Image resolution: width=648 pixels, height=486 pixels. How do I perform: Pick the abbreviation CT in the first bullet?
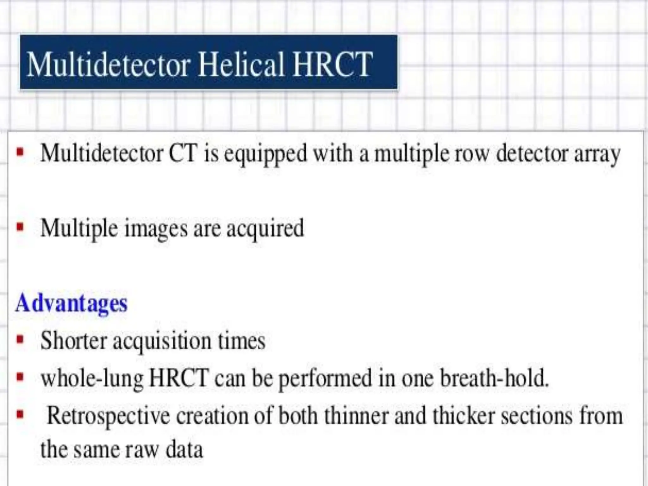point(183,154)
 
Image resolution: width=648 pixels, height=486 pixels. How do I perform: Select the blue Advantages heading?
point(72,303)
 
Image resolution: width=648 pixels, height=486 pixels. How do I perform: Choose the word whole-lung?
point(92,379)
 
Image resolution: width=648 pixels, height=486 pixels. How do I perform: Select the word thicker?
point(464,416)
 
